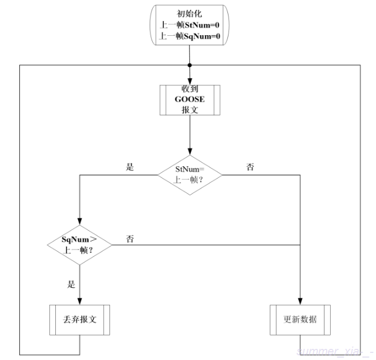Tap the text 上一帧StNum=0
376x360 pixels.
189,25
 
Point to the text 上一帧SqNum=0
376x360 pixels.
189,36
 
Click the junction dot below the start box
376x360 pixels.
189,65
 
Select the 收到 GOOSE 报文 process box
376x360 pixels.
189,100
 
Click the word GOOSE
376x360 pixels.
189,100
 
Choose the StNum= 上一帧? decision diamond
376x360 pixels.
189,175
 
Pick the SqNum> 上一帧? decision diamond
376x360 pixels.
79,244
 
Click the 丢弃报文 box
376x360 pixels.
79,320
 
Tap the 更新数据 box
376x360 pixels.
300,320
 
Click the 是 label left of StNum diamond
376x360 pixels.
130,167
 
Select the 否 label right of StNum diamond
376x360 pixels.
250,167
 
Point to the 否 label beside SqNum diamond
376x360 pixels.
130,238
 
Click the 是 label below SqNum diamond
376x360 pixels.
72,285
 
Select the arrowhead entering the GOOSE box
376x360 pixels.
189,82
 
